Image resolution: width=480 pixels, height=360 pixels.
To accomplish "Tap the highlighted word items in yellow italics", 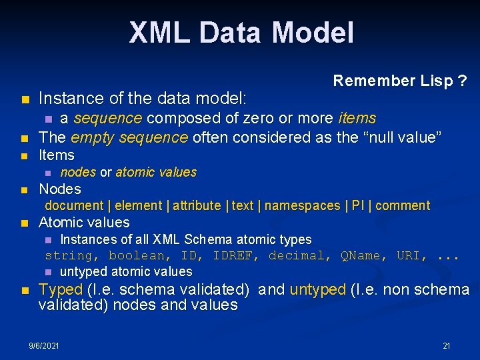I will (x=357, y=119).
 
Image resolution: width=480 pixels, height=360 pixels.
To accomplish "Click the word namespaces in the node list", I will (x=302, y=205).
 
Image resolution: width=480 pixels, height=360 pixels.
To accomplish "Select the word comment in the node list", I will (x=403, y=205).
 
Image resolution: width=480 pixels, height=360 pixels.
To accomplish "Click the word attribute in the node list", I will (x=197, y=205).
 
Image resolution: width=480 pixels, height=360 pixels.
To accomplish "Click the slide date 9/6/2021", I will (x=44, y=346).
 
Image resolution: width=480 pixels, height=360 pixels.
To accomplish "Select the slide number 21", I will (x=447, y=346).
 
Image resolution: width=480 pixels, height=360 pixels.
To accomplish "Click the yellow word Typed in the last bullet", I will (x=61, y=289).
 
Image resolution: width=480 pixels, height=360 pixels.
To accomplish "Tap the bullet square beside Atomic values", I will (x=24, y=223).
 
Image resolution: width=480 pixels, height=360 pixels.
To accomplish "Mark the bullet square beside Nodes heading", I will (x=24, y=189).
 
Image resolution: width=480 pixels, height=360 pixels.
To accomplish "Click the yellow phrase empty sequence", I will (x=129, y=137).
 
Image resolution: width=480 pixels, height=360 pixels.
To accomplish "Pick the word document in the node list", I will (x=74, y=205).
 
